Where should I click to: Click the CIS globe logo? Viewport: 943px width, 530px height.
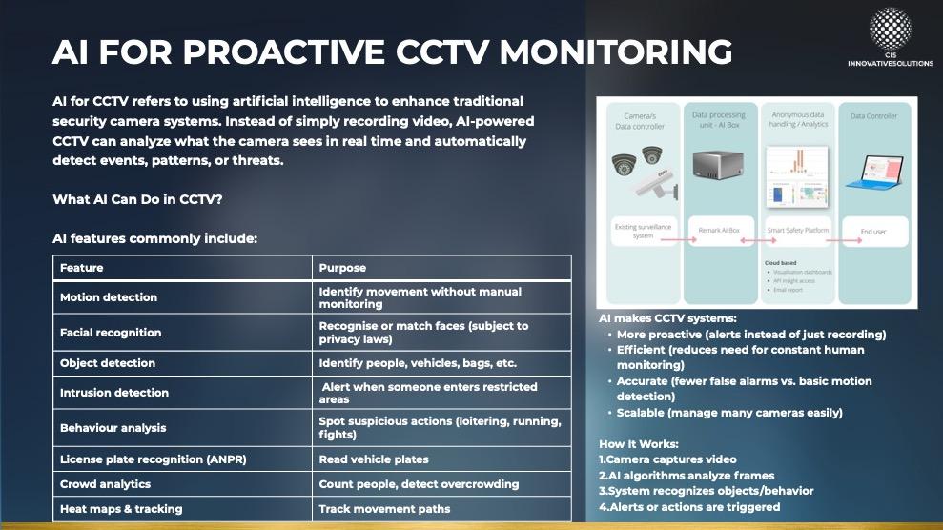[x=890, y=29]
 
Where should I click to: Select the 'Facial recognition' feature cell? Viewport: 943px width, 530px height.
[x=111, y=333]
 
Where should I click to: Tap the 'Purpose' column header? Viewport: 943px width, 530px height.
[x=341, y=268]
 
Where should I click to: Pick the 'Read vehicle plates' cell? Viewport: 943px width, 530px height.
[x=374, y=459]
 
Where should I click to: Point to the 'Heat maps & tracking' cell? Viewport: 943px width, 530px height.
[x=120, y=509]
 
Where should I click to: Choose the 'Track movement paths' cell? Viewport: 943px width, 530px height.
[x=384, y=509]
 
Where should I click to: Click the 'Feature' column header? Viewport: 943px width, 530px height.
[x=81, y=268]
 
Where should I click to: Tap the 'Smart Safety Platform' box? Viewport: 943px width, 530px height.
[x=797, y=231]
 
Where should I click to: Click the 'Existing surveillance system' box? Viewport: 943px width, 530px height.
[x=644, y=231]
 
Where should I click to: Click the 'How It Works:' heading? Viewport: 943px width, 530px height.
[x=637, y=444]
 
